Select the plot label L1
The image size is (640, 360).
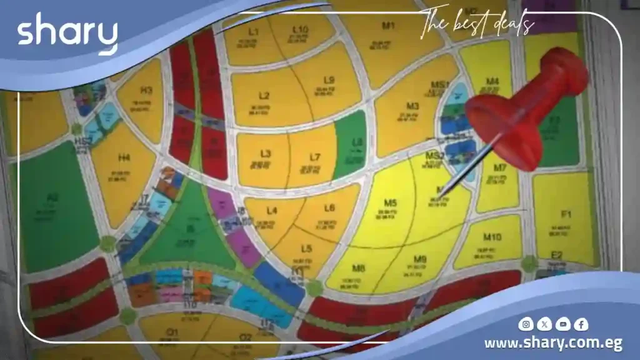tap(253, 31)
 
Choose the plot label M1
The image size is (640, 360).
tap(388, 26)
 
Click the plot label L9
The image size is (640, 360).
tap(329, 80)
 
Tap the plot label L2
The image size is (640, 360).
tap(264, 96)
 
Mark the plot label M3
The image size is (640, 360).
tap(412, 106)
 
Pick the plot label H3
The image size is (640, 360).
tap(147, 90)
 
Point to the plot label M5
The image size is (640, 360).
tap(391, 202)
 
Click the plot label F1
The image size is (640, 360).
tap(567, 214)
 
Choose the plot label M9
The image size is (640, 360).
tap(420, 259)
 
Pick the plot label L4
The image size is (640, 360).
tap(271, 211)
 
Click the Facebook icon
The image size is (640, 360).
tap(581, 324)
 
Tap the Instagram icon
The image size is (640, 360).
tap(527, 324)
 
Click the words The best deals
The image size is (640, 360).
tap(477, 24)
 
